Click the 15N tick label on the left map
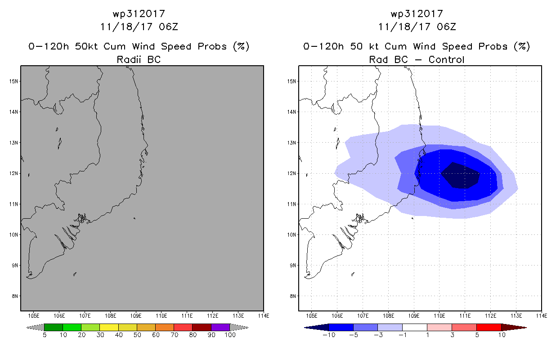tap(13, 81)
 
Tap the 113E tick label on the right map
tap(516, 316)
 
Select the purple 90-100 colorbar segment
tap(220, 327)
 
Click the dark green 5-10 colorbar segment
tap(54, 327)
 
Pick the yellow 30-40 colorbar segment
tap(109, 327)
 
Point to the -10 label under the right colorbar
tap(329, 335)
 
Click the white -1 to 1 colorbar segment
tap(415, 327)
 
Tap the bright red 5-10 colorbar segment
tap(489, 327)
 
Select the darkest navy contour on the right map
tap(460, 176)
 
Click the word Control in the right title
tap(446, 59)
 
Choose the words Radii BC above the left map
tap(139, 59)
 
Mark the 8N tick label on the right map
tap(293, 296)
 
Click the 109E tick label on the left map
tap(136, 316)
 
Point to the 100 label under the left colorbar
tap(230, 335)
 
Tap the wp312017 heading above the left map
tap(139, 14)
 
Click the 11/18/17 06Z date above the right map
tap(417, 27)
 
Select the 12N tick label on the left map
tap(13, 173)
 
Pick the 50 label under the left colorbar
tap(137, 335)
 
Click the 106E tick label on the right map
tap(337, 316)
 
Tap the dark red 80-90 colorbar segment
tap(202, 327)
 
